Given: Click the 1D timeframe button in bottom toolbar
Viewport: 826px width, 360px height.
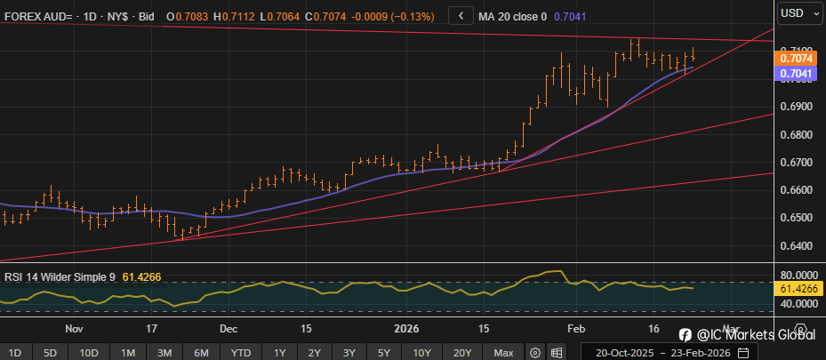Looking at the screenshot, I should tap(15, 351).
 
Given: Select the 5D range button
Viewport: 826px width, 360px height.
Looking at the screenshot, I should tap(52, 351).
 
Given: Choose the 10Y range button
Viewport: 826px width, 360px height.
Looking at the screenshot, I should tap(422, 351).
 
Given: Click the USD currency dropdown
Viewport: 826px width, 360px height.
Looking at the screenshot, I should tap(796, 13).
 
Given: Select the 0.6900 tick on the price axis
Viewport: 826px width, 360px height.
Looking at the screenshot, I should tap(797, 107).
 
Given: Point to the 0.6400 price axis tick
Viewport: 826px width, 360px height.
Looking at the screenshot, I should tap(797, 245).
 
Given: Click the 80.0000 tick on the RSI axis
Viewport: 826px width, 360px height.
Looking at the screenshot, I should tap(797, 276).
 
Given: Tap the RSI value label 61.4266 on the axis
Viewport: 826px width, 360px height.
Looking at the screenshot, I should tap(797, 290).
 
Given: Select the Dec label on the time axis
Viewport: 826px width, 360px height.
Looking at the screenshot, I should tap(229, 327).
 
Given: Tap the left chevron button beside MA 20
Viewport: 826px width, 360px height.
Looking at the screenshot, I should tap(461, 15).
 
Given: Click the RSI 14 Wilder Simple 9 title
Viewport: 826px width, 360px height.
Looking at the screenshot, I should tap(60, 276).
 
